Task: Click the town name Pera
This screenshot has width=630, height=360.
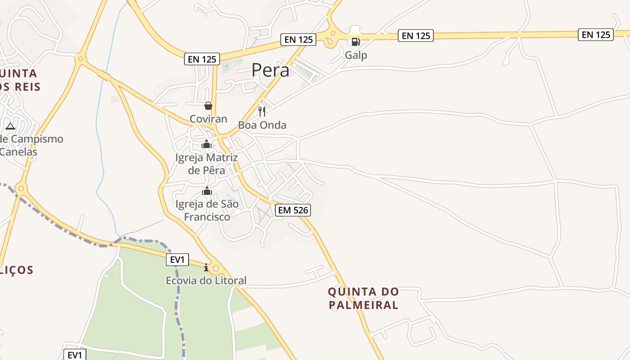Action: point(270,70)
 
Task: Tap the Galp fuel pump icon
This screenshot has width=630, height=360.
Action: point(355,42)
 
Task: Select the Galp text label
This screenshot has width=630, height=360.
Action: point(356,55)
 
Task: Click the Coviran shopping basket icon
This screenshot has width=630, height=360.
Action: point(208,106)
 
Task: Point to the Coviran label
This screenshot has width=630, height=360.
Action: point(208,119)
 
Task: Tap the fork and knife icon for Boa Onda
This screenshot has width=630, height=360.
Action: point(262,111)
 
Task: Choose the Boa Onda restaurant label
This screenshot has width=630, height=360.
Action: point(262,125)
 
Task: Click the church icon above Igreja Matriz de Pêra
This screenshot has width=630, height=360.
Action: point(207,144)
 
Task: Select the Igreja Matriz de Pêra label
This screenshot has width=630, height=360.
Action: point(207,164)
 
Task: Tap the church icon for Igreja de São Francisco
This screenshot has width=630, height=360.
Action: point(207,191)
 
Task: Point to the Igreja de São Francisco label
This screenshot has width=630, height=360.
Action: point(207,211)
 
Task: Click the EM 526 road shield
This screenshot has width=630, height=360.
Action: point(293,210)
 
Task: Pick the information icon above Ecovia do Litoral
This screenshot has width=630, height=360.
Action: point(206,267)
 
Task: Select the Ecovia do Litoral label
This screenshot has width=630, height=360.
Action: point(206,281)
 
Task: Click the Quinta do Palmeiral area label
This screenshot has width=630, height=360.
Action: point(363,298)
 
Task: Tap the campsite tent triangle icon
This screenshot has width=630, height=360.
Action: point(10,126)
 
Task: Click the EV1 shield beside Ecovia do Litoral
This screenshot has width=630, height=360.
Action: point(178,260)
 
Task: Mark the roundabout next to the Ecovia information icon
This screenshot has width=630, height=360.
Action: point(216,269)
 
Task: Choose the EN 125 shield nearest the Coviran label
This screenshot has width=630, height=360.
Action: point(202,59)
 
